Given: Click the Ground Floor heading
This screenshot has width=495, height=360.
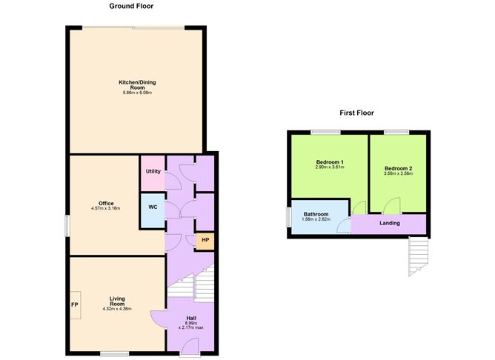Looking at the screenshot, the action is (131, 6).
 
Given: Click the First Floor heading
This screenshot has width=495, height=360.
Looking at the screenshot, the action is (356, 113).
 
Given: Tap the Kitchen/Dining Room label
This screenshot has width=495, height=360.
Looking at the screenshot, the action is (137, 85).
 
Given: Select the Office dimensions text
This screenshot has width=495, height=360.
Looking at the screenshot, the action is (105, 209).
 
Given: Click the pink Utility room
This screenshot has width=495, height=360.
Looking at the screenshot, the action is (153, 173).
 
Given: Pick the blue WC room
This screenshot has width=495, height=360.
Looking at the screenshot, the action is (153, 210).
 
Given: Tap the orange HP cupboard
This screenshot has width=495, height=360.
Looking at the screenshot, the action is (205, 241).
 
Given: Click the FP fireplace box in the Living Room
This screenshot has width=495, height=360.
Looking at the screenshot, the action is (75, 305).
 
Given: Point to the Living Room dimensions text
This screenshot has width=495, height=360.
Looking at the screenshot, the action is (117, 309).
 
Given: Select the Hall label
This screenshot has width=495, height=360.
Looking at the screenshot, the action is (191, 318).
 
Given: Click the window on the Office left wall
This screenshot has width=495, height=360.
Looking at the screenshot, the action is (67, 226).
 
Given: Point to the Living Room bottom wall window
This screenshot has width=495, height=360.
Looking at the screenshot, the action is (115, 353).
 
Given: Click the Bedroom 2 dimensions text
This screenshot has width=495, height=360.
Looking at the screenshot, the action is (398, 173).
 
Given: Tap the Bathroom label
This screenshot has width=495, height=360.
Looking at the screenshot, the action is (316, 214).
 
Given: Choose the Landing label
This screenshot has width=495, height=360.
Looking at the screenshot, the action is (390, 223).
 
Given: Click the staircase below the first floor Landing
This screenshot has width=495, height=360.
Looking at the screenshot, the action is (418, 256).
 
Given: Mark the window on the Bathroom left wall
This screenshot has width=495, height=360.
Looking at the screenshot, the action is (288, 217).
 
